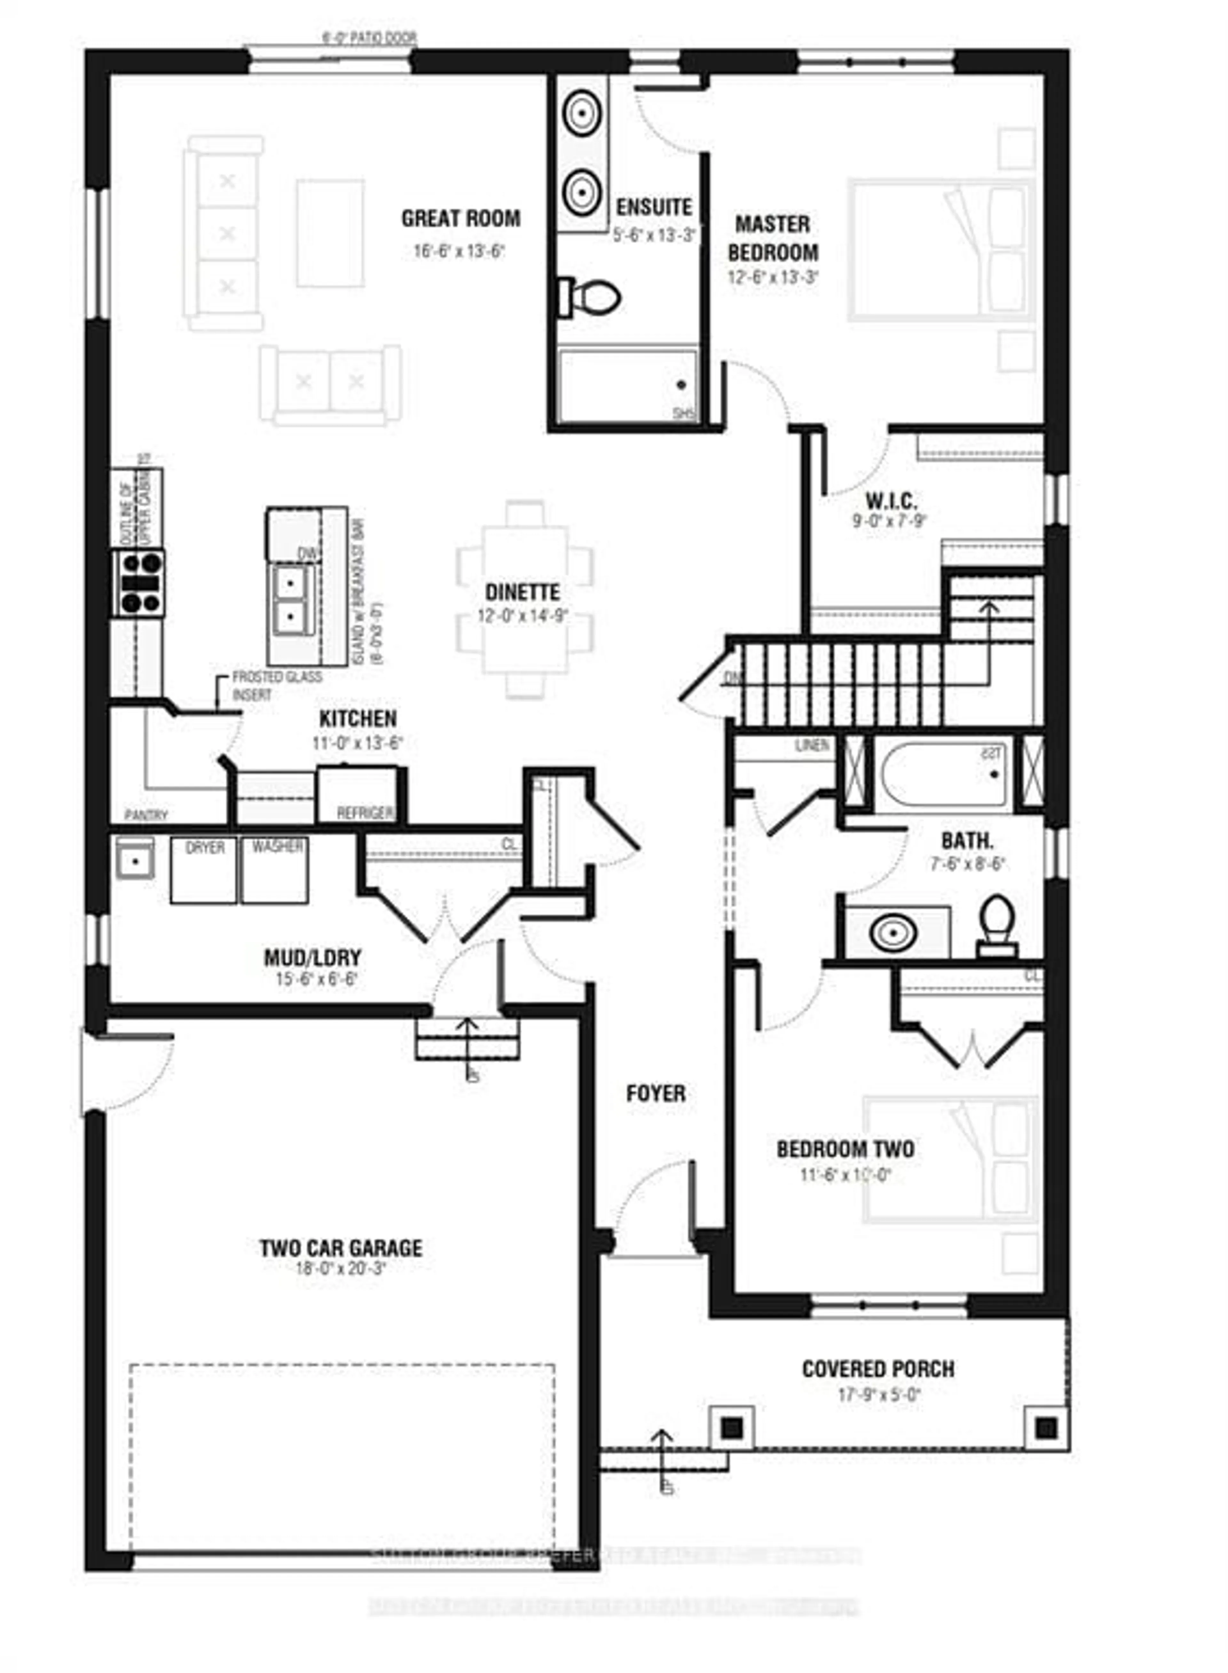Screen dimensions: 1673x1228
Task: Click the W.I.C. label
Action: click(890, 500)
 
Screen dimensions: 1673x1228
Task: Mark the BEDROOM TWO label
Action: click(845, 1150)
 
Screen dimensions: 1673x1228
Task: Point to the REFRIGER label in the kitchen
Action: click(365, 813)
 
